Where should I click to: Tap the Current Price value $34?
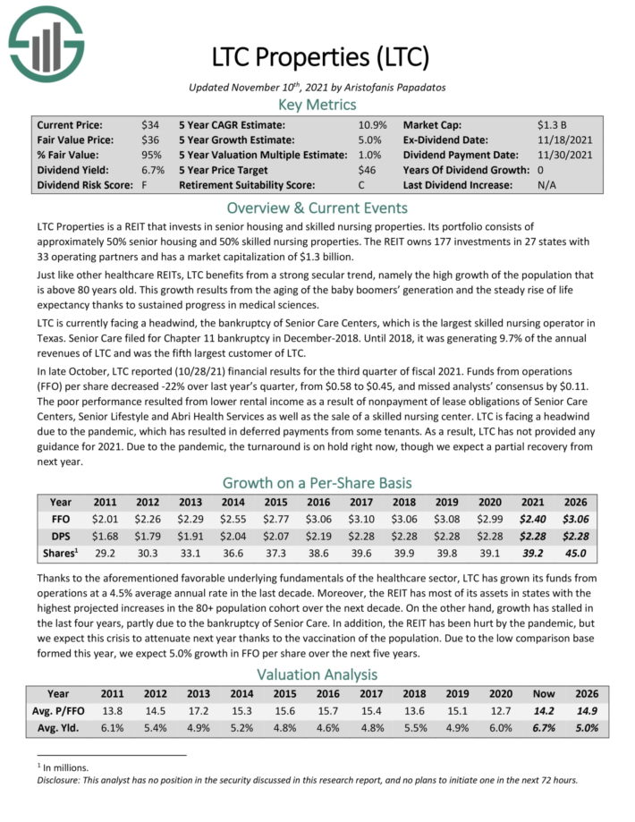(150, 125)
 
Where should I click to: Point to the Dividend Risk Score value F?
(145, 185)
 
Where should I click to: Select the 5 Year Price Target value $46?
(366, 170)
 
